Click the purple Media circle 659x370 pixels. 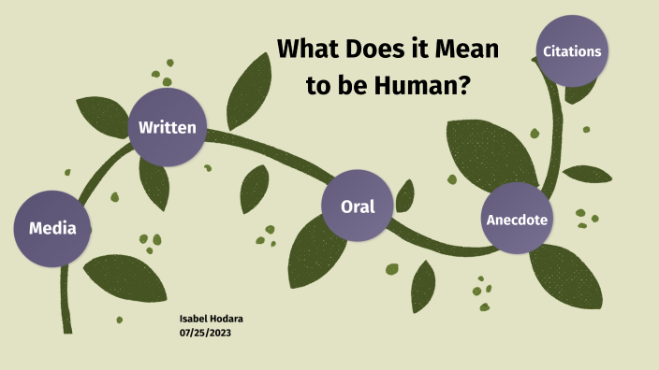[x=53, y=228]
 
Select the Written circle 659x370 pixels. [x=167, y=127]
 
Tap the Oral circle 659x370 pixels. [x=358, y=206]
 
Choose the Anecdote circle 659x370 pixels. [x=517, y=220]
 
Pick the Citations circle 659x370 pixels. [x=572, y=51]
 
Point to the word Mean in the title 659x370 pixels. [x=469, y=50]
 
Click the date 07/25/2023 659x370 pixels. [x=204, y=334]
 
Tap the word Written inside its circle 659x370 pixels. [x=167, y=127]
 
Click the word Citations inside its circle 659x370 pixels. [x=572, y=51]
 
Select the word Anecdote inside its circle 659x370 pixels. [x=517, y=221]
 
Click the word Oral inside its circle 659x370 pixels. [x=358, y=206]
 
